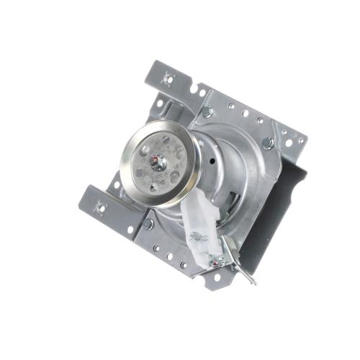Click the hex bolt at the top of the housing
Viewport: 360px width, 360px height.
(x=207, y=112)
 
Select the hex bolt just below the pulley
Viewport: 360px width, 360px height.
(x=148, y=224)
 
